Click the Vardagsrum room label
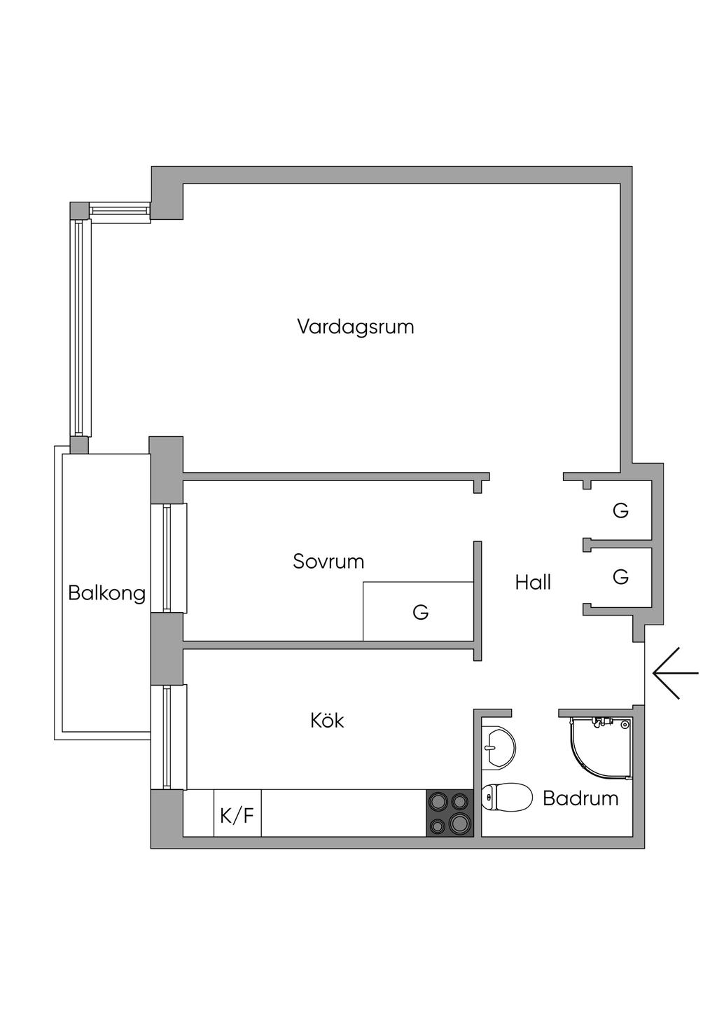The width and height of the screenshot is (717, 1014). [355, 327]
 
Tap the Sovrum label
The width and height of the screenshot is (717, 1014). [328, 562]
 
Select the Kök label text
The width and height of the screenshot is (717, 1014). [327, 721]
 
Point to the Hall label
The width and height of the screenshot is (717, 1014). [533, 583]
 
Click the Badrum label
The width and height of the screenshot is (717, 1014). [580, 798]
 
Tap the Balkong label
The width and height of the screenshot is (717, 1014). [106, 594]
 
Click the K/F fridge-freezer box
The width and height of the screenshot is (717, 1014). [237, 814]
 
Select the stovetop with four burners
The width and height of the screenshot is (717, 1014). [450, 813]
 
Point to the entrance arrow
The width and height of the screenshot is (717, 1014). [675, 673]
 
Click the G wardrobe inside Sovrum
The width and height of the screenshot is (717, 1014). [419, 612]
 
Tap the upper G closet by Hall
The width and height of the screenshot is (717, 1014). [620, 511]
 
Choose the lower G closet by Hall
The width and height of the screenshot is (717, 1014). [620, 577]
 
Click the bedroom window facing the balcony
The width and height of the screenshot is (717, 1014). [167, 558]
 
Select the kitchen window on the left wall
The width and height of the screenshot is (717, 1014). [167, 737]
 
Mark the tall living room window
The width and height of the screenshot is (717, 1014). [80, 328]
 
